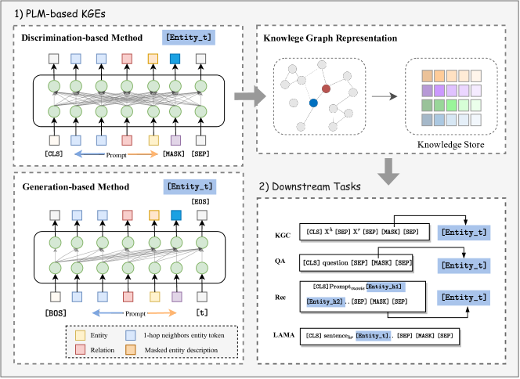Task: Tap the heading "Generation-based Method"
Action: coord(69,188)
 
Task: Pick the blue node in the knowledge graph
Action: coord(313,103)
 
